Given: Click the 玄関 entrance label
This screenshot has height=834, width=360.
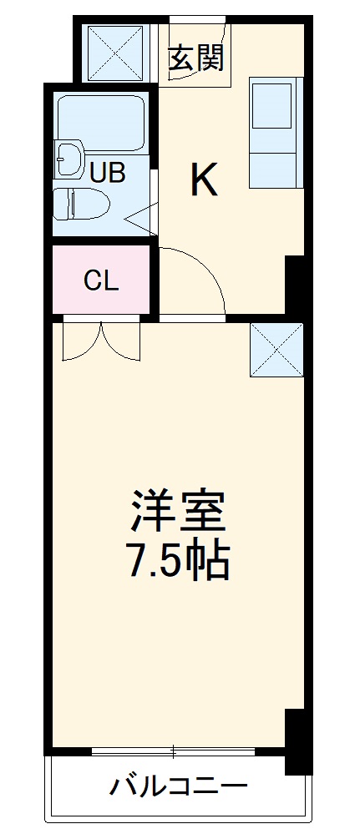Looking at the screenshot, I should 195,58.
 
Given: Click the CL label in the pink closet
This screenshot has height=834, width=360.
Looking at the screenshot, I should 101,281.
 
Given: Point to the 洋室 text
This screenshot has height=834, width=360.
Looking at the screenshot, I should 177,513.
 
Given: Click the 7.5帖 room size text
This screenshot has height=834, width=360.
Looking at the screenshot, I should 177,564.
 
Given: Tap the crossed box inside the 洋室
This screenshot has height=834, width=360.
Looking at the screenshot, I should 276,349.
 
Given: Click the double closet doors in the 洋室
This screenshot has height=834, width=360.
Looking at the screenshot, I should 101,340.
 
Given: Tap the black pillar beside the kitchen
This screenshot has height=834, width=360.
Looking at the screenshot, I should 295,285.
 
